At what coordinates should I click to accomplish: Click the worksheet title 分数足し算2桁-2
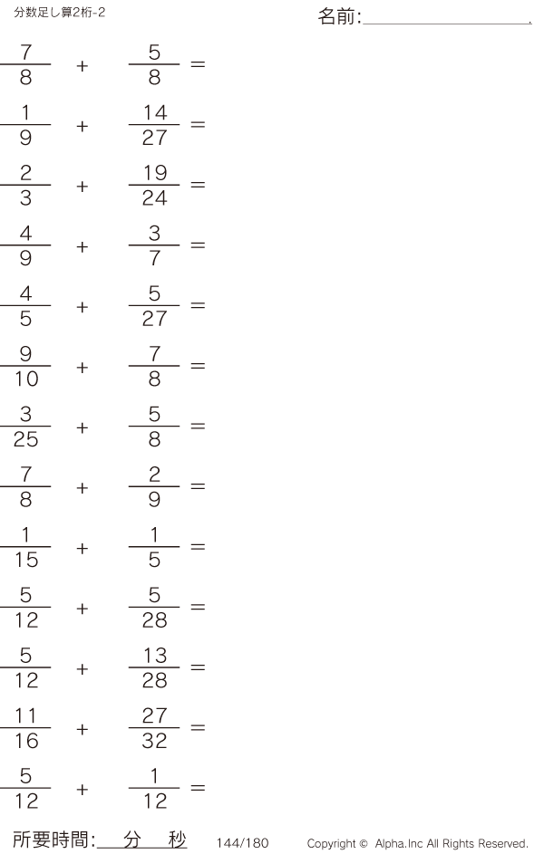coord(60,12)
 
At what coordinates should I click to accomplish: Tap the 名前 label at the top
coord(335,16)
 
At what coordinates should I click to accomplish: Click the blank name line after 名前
coord(447,24)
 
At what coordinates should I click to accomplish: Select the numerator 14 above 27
coord(155,112)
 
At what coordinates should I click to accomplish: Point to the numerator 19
coord(155,173)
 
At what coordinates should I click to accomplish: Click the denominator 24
coord(155,197)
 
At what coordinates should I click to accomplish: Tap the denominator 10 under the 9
coord(26,379)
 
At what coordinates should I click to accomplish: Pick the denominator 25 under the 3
coord(26,439)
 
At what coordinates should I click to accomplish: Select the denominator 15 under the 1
coord(26,560)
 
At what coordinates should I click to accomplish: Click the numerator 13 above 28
coord(155,656)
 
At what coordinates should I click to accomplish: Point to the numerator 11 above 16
coord(26,715)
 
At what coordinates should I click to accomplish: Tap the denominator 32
coord(155,741)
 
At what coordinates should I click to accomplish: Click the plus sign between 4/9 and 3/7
coord(83,246)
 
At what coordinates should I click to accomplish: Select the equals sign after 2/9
coord(198,486)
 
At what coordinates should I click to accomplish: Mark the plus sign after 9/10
coord(83,368)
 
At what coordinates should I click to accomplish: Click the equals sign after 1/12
coord(198,788)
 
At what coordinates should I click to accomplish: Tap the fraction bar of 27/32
coord(154,727)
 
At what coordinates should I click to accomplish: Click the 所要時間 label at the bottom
coord(51,840)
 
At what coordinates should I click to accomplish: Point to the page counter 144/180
coord(243,843)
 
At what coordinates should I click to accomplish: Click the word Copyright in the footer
coord(332,844)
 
